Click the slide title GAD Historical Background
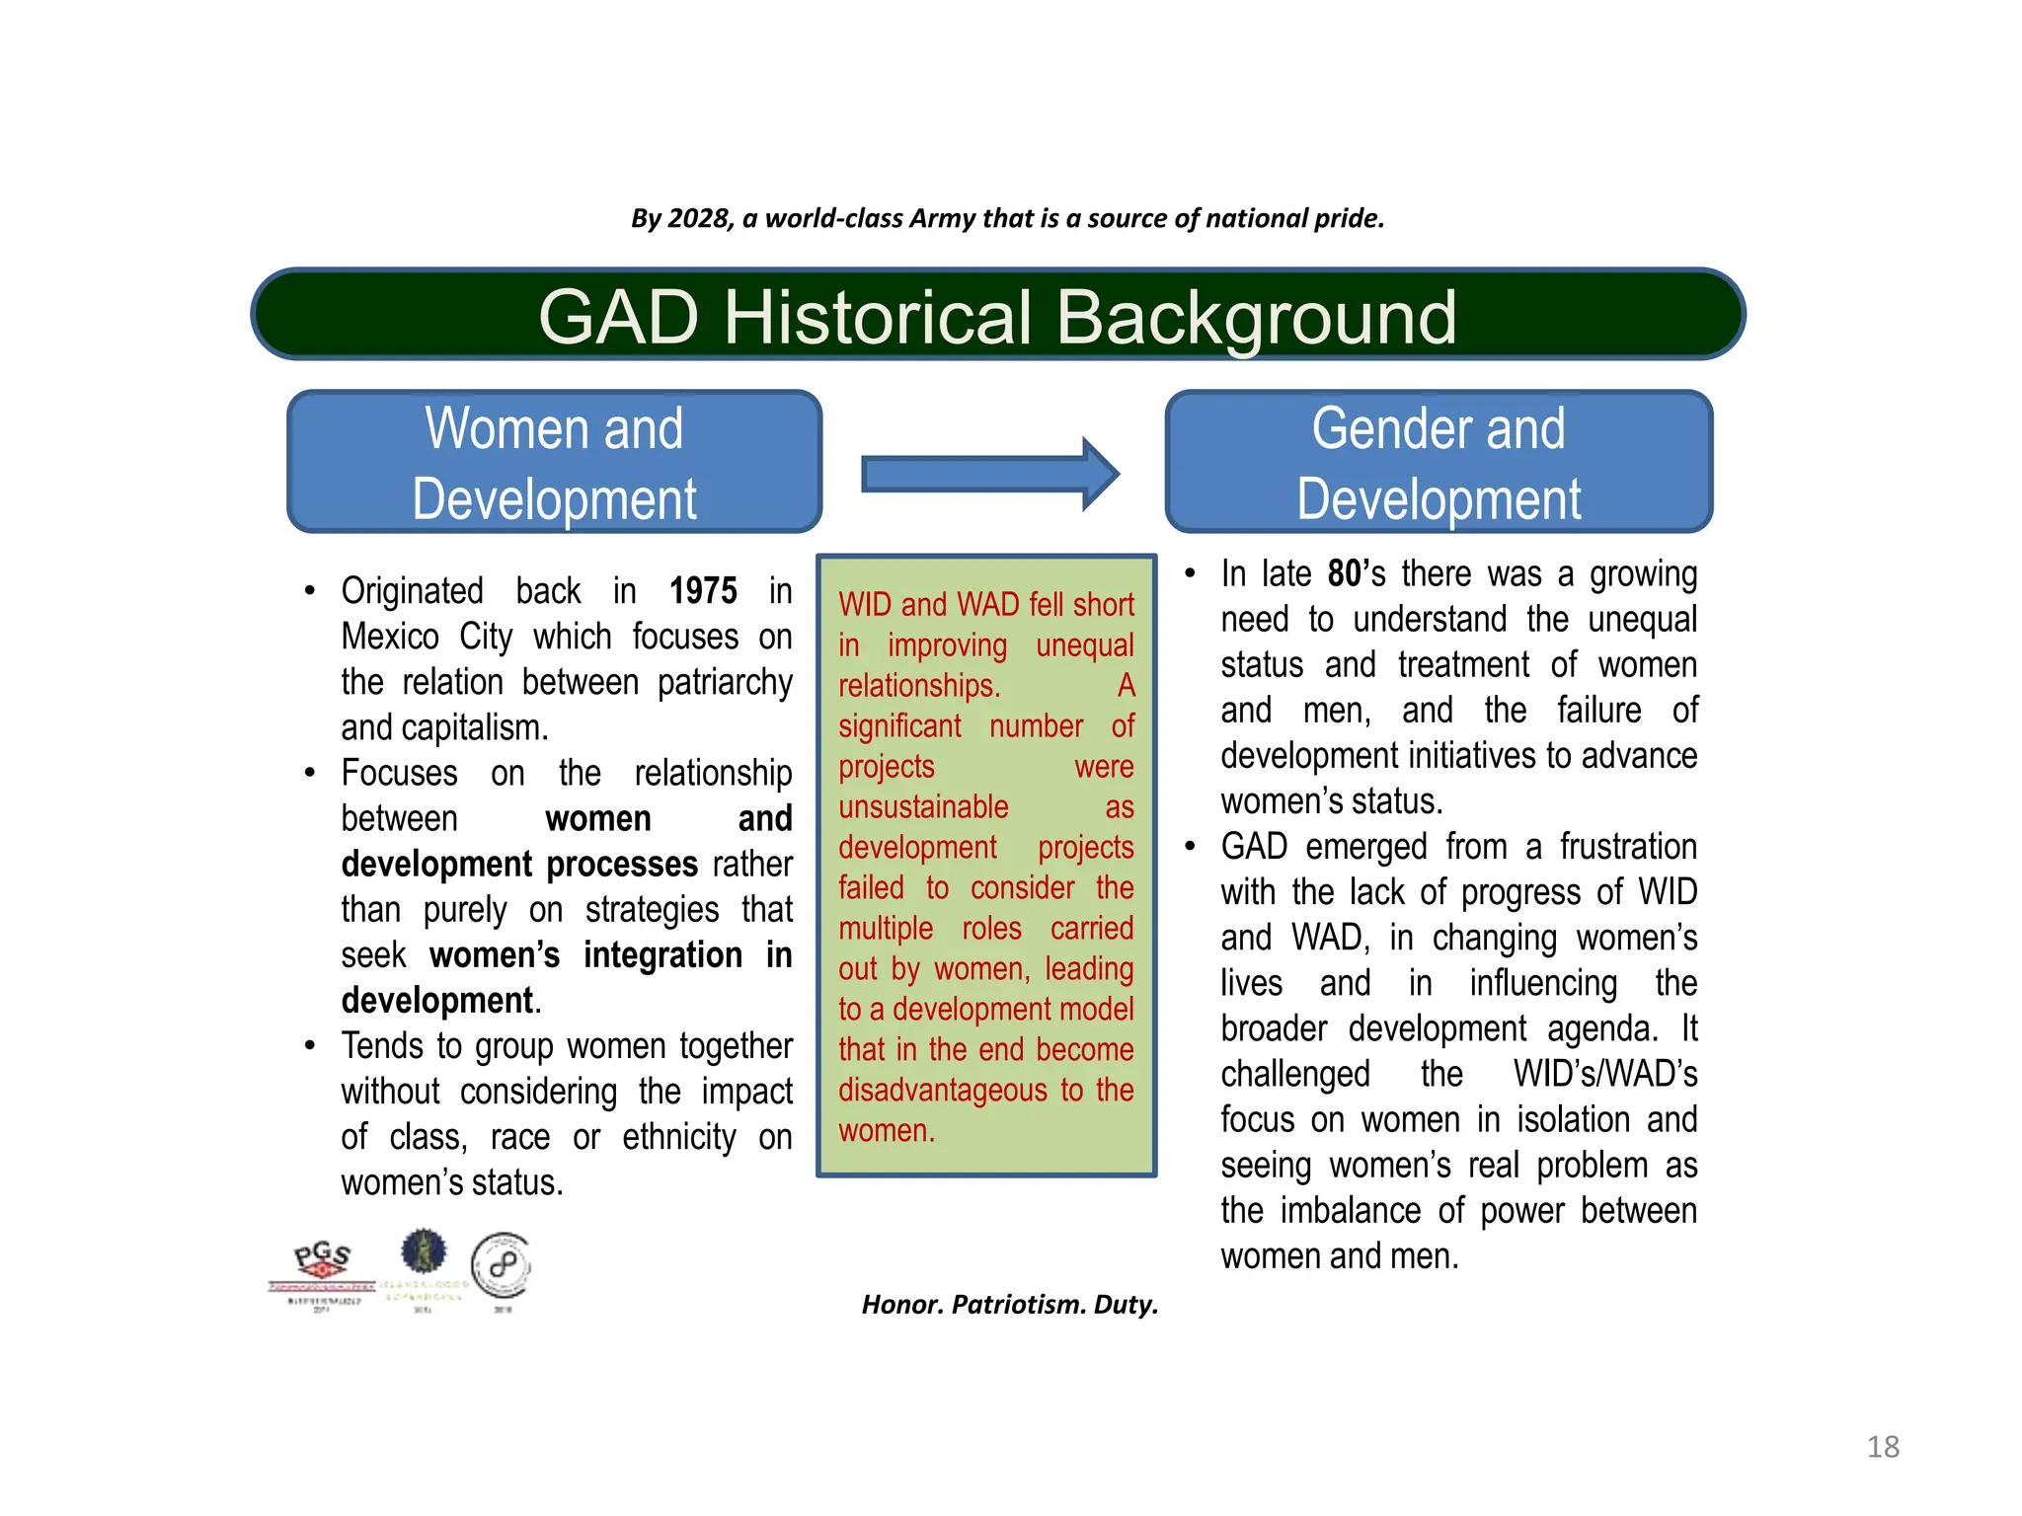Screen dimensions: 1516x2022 click(997, 317)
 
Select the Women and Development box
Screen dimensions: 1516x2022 click(554, 462)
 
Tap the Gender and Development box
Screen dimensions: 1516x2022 click(1439, 462)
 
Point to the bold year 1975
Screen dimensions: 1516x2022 click(703, 591)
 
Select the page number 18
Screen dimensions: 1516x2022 click(1883, 1447)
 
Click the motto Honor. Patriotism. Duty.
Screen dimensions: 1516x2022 click(1009, 1305)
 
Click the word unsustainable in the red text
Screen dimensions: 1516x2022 click(923, 807)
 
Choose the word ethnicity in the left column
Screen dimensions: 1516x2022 click(678, 1138)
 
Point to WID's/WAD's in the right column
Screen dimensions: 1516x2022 click(1604, 1074)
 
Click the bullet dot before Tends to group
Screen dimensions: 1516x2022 click(310, 1045)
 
